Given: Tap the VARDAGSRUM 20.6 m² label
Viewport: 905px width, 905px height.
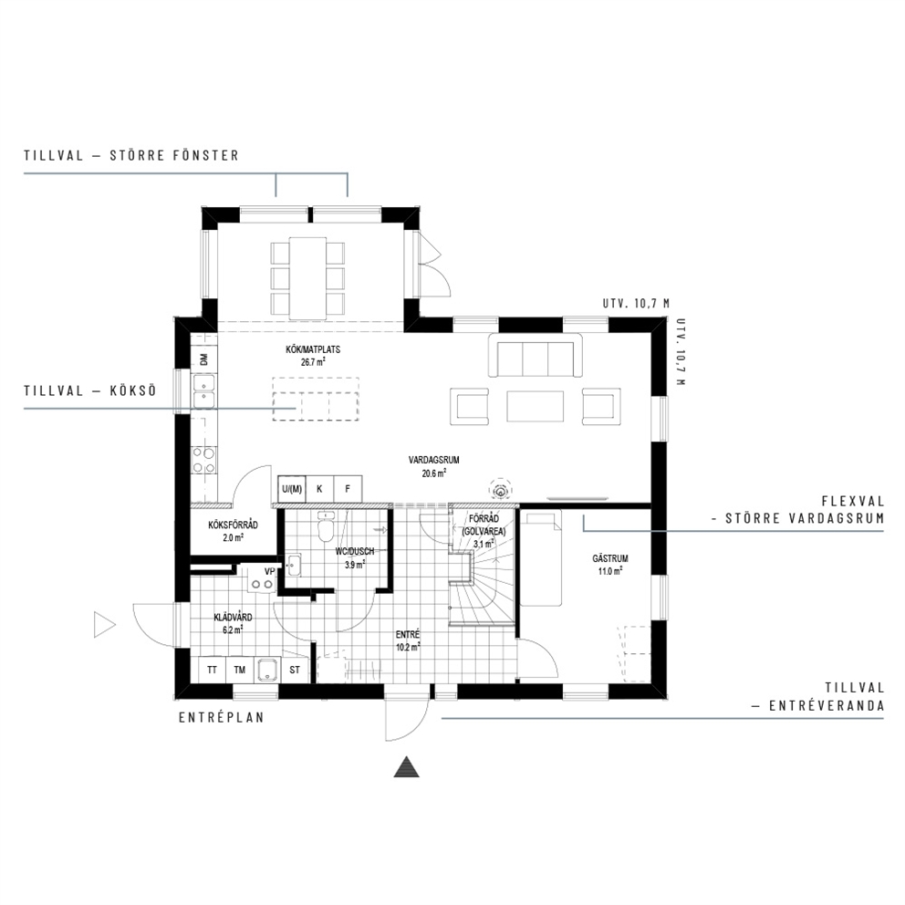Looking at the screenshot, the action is point(433,466).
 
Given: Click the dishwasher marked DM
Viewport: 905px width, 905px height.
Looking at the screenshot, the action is point(203,359).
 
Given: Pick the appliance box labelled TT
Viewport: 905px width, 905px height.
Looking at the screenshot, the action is point(212,670).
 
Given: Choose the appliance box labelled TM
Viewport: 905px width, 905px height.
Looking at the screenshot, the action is point(240,670).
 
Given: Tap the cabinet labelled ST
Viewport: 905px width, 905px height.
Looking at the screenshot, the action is point(295,670).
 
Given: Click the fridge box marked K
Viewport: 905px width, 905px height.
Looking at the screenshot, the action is point(319,489).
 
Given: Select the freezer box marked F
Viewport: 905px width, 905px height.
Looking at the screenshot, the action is point(348,489).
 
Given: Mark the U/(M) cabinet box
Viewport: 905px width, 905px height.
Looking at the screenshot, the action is point(291,489).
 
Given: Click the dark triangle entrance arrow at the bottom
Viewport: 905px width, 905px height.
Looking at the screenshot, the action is point(406,767).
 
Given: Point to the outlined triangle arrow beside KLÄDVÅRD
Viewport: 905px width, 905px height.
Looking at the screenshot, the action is point(105,625).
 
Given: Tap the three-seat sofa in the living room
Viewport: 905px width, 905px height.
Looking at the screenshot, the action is point(536,356).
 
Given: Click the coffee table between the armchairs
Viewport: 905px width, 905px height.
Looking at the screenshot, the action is point(535,406).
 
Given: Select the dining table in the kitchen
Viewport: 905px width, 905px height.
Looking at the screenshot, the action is point(307,278).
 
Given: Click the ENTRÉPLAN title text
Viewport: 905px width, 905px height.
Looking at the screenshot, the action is point(221,718).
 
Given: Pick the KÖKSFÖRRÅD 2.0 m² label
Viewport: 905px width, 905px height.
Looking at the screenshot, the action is point(233,531).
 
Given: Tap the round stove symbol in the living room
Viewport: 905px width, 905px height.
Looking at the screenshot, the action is point(500,491).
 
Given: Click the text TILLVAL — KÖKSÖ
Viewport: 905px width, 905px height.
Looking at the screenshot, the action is point(90,390).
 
